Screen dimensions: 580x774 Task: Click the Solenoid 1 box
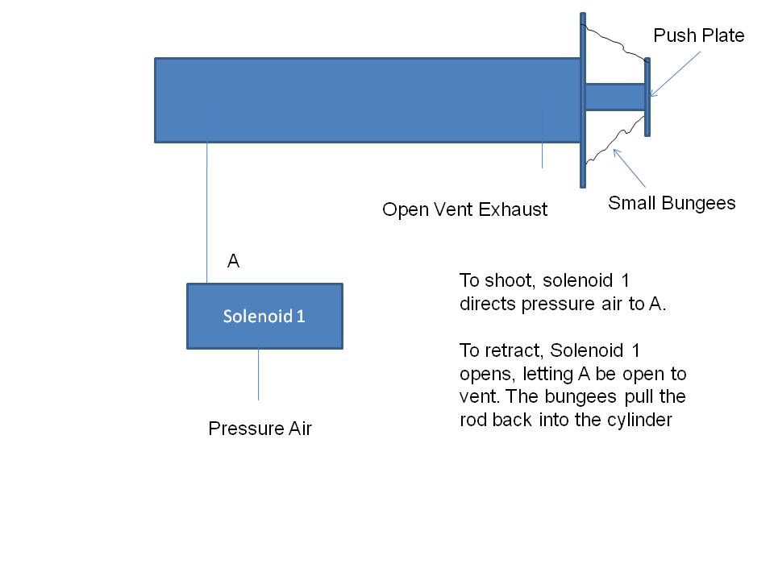tap(264, 316)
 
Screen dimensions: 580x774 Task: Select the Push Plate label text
tap(698, 35)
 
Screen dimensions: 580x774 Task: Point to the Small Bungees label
tap(672, 203)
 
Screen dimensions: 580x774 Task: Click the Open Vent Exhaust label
tap(464, 210)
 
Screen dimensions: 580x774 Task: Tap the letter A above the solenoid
tap(234, 261)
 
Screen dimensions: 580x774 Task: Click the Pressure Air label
tap(260, 429)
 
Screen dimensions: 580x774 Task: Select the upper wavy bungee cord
tap(614, 44)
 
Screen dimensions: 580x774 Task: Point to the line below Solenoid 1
tap(258, 375)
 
